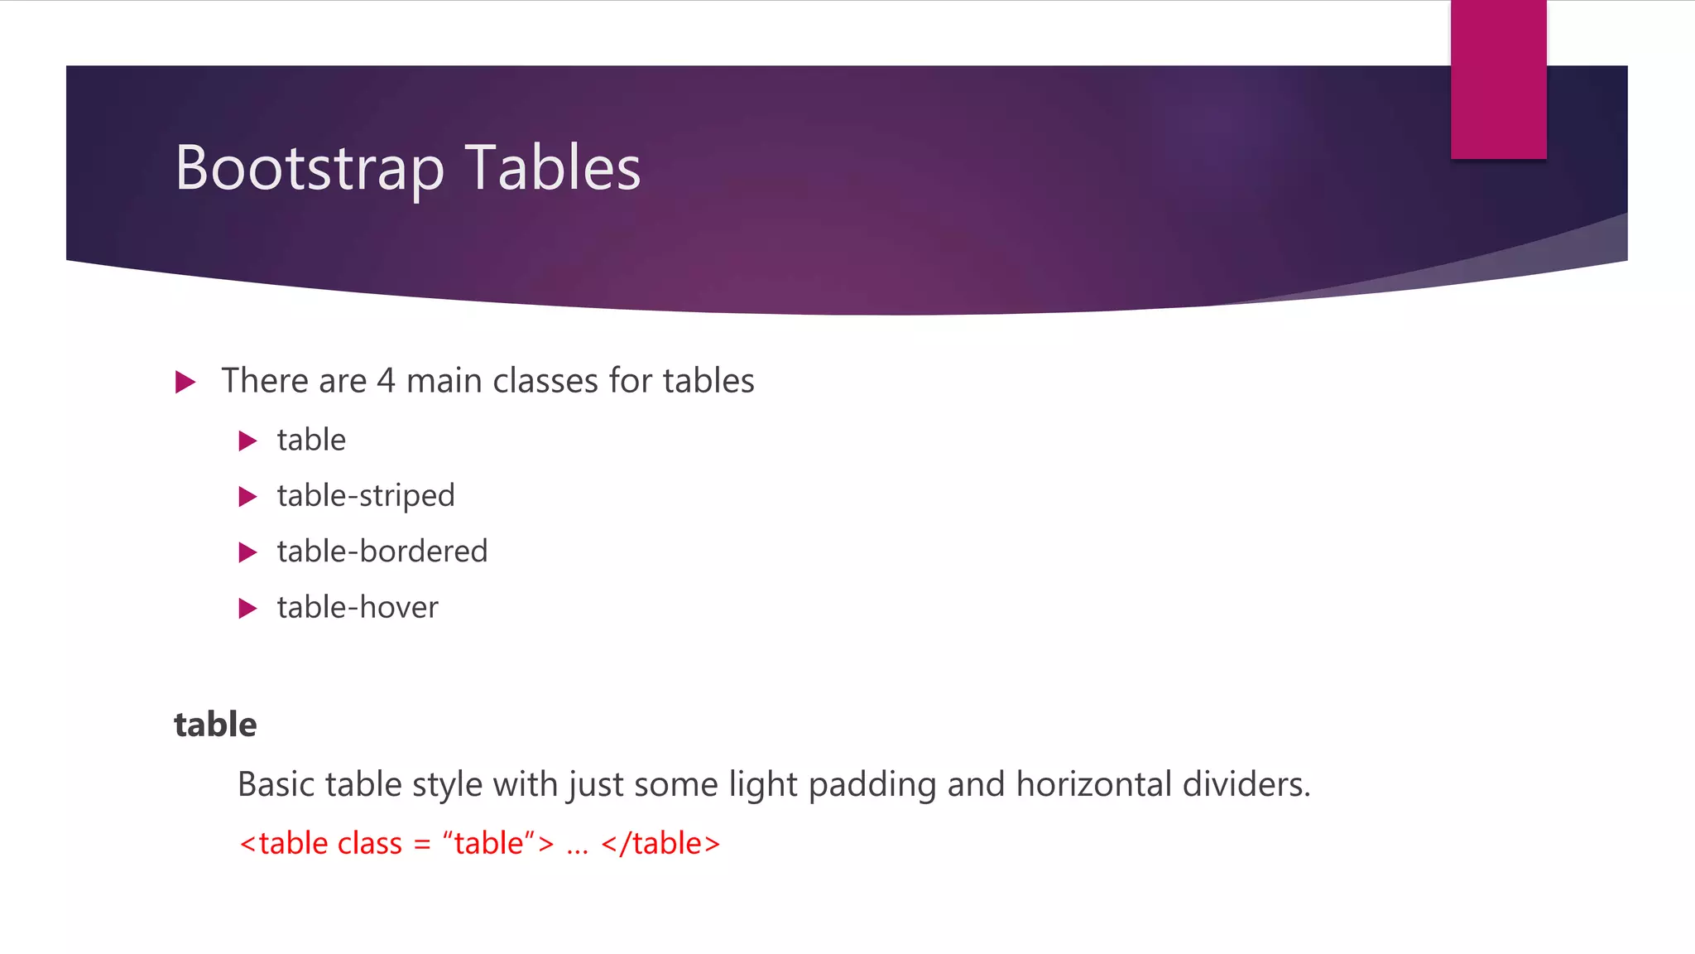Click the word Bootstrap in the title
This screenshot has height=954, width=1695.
click(x=310, y=168)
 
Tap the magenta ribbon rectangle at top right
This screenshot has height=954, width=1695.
click(x=1498, y=79)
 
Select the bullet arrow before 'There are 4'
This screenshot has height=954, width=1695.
click(x=185, y=382)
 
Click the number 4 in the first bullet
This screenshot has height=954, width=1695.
click(x=386, y=381)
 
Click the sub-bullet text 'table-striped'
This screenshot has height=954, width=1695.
click(x=366, y=495)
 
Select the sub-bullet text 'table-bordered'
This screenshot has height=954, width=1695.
click(x=382, y=552)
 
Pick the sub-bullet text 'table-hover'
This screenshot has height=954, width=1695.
click(x=358, y=608)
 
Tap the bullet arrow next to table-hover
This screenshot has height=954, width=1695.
click(x=247, y=609)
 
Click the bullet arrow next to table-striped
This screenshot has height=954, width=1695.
click(x=247, y=497)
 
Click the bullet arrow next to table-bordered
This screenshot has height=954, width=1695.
click(x=247, y=552)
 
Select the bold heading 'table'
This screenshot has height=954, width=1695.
click(x=215, y=725)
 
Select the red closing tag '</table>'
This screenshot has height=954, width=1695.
click(x=660, y=843)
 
